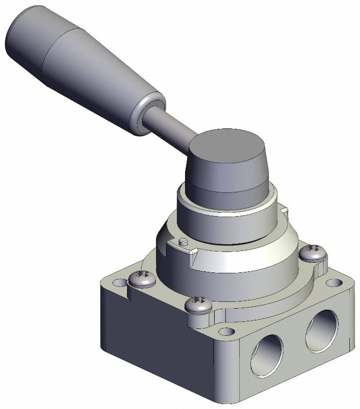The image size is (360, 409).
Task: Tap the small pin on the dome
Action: [x=182, y=241]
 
